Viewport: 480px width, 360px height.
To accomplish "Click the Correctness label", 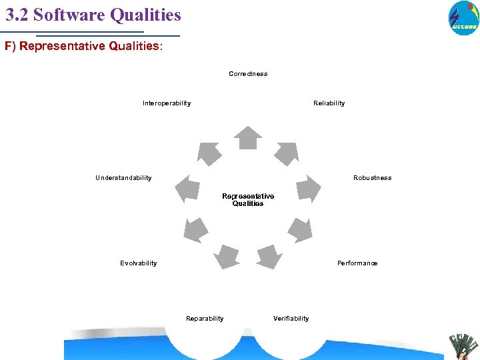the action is point(248,74).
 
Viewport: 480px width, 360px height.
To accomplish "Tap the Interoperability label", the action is point(167,103).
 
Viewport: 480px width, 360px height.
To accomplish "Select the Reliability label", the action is point(329,103).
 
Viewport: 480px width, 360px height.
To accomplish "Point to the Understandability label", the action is point(123,178).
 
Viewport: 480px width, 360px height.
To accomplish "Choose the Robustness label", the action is point(373,178).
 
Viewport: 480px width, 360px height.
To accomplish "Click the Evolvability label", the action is point(139,263).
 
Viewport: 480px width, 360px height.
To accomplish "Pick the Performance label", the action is point(357,263).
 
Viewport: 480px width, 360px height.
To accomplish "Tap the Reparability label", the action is point(205,319).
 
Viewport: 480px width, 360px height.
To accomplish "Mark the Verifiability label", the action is point(291,319).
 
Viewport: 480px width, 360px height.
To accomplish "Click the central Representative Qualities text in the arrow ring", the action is point(248,200).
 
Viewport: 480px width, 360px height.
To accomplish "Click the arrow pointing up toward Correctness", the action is point(249,137).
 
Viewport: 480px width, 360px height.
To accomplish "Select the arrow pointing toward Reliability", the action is point(286,153).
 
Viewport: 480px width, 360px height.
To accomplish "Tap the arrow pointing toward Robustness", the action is point(307,189).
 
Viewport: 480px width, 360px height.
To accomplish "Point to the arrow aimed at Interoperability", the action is point(209,153).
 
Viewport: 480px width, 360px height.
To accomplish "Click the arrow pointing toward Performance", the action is point(300,229).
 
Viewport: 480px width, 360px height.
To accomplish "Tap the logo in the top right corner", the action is point(463,17).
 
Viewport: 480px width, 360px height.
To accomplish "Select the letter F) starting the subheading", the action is point(10,47).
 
